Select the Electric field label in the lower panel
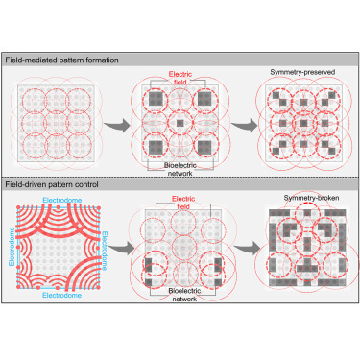[x=180, y=199]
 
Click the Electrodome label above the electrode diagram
[x=59, y=197]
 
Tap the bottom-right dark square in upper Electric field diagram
[x=203, y=146]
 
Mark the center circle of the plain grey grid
[x=59, y=123]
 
